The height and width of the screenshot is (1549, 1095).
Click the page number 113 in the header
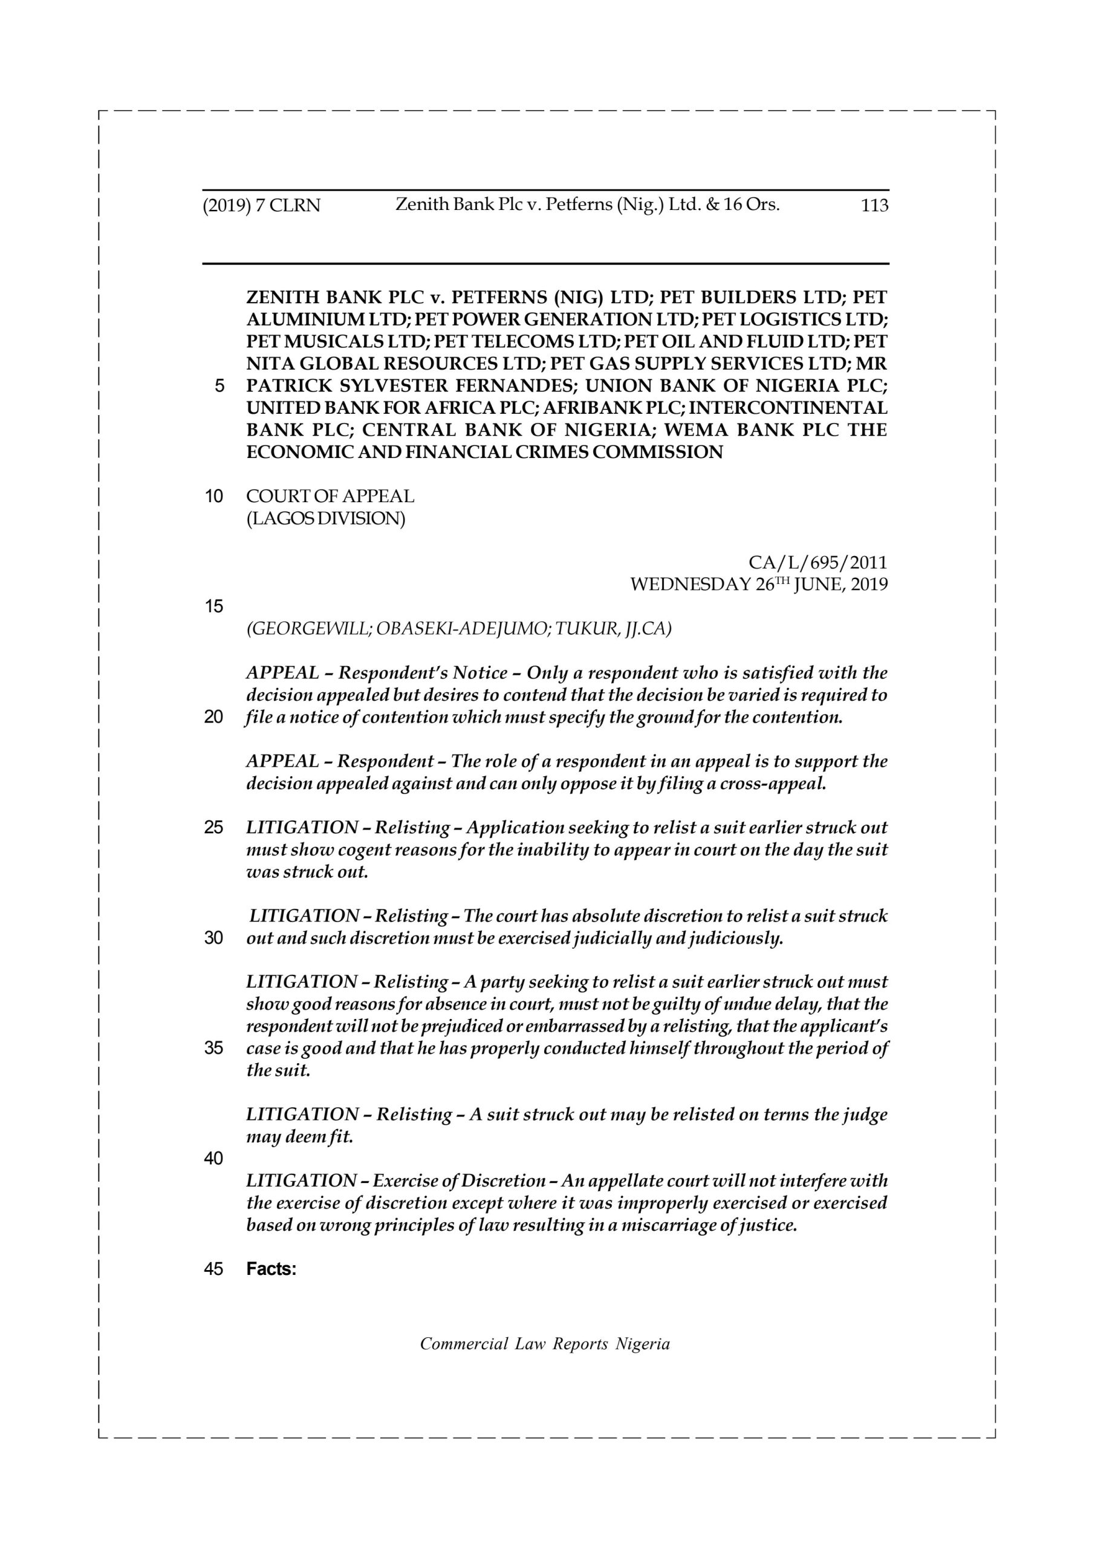click(874, 205)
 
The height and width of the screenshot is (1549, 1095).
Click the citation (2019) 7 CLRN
click(262, 206)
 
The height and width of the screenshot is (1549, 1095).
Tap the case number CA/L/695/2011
click(818, 562)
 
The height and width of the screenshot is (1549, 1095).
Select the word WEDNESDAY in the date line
click(690, 585)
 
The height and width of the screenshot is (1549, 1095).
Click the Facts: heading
click(271, 1269)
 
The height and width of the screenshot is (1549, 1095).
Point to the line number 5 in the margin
click(219, 387)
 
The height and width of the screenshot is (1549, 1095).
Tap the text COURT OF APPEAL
click(330, 496)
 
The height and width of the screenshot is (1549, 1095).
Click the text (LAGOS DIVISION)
click(326, 518)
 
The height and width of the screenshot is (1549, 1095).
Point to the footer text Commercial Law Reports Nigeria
click(545, 1344)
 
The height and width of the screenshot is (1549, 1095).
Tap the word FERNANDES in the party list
click(515, 387)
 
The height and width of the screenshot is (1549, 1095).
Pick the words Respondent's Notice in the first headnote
click(423, 673)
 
